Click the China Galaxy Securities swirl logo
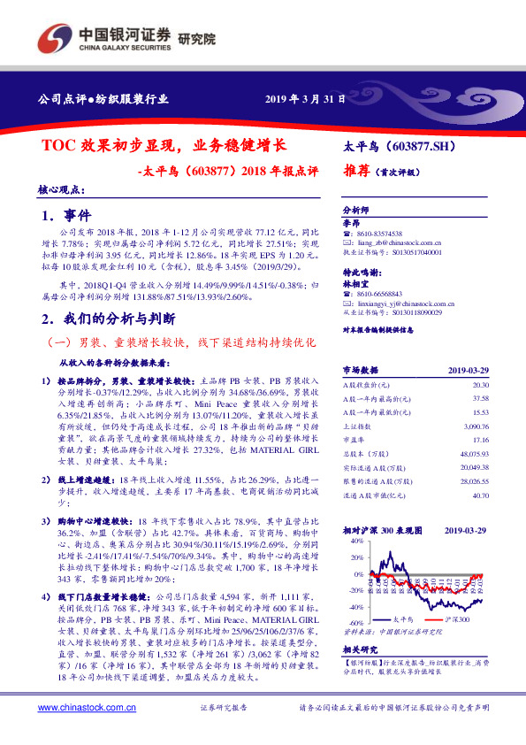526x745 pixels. pos(53,38)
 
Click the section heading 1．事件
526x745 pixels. pos(67,215)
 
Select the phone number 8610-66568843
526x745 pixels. pos(383,293)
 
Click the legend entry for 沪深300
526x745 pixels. pos(457,622)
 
